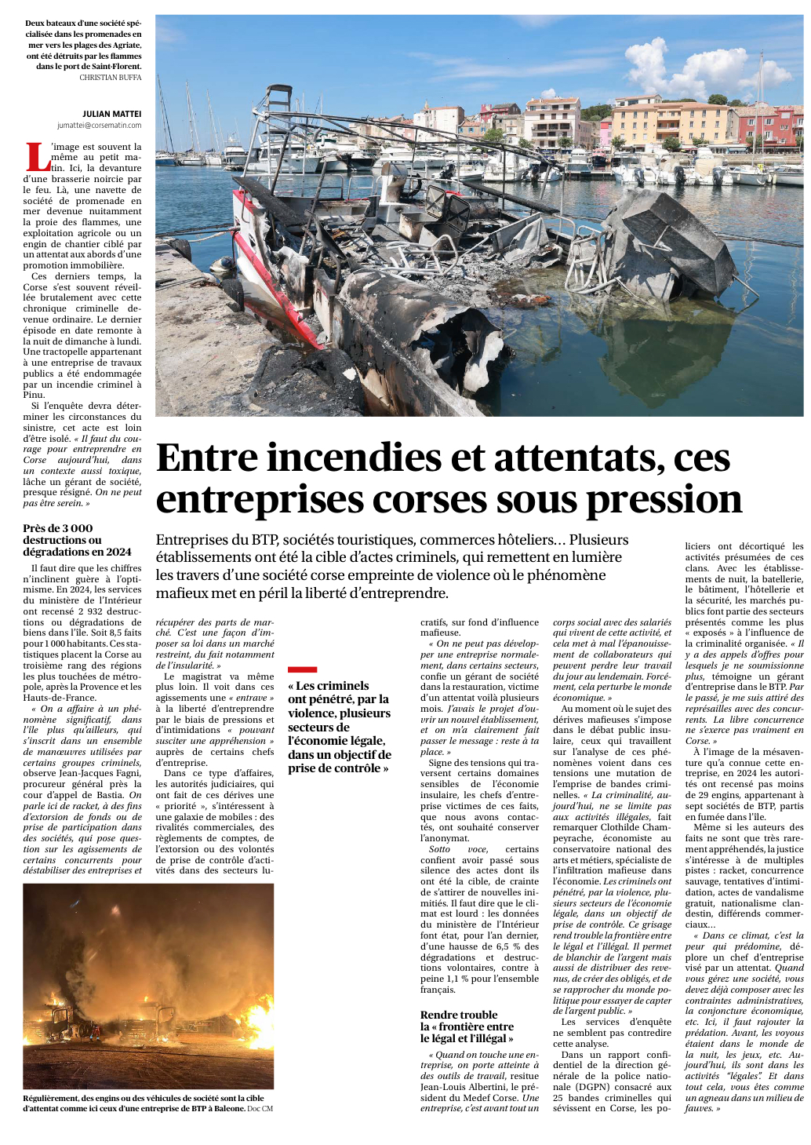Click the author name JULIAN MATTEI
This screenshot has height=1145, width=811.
point(111,114)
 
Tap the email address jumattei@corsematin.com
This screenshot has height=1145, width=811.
point(99,125)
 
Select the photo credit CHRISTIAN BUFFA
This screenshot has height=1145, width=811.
point(111,78)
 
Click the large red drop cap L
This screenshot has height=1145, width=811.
point(38,156)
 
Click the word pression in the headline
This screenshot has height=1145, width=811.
point(664,499)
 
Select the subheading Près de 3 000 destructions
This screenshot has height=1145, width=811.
point(77,540)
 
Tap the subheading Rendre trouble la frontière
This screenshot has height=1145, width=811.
point(467,1026)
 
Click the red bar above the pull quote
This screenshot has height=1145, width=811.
point(302,669)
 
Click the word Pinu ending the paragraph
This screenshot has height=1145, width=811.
point(34,396)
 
